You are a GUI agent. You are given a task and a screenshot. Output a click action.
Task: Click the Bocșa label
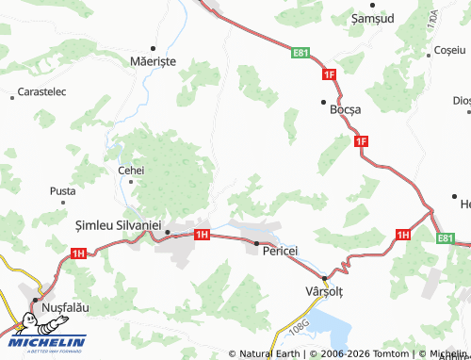coord(346,109)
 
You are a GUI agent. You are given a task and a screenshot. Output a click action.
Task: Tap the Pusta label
coord(62,190)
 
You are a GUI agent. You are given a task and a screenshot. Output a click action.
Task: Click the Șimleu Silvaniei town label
coord(118,227)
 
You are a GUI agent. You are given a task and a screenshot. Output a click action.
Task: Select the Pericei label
coord(280,251)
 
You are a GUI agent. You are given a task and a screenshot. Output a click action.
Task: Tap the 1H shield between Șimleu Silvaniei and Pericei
coord(201,234)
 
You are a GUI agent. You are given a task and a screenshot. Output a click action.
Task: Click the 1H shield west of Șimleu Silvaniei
coord(78,253)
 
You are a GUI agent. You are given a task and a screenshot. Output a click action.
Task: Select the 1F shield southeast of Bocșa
coord(361,141)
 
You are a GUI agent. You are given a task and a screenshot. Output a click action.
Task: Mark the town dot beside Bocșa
coord(323,102)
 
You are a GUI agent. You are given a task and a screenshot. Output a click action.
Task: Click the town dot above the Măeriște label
coord(152,46)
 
